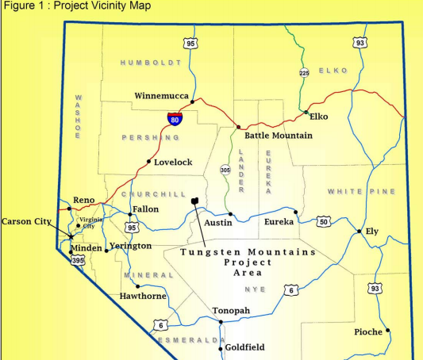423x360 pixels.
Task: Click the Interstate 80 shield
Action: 175,118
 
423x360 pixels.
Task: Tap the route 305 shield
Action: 225,170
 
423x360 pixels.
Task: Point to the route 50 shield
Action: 324,221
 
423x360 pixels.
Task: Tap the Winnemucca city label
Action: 162,95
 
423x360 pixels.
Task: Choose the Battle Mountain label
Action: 278,136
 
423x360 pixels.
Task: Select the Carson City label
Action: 26,221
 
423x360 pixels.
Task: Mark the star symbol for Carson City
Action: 71,236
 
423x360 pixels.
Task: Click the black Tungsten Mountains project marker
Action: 194,202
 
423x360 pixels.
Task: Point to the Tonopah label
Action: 231,310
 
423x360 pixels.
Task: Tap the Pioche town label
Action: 368,331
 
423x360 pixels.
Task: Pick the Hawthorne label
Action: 142,296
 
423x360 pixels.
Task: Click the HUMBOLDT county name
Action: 151,62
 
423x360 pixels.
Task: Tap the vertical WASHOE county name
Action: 78,117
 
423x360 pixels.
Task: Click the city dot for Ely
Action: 360,232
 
